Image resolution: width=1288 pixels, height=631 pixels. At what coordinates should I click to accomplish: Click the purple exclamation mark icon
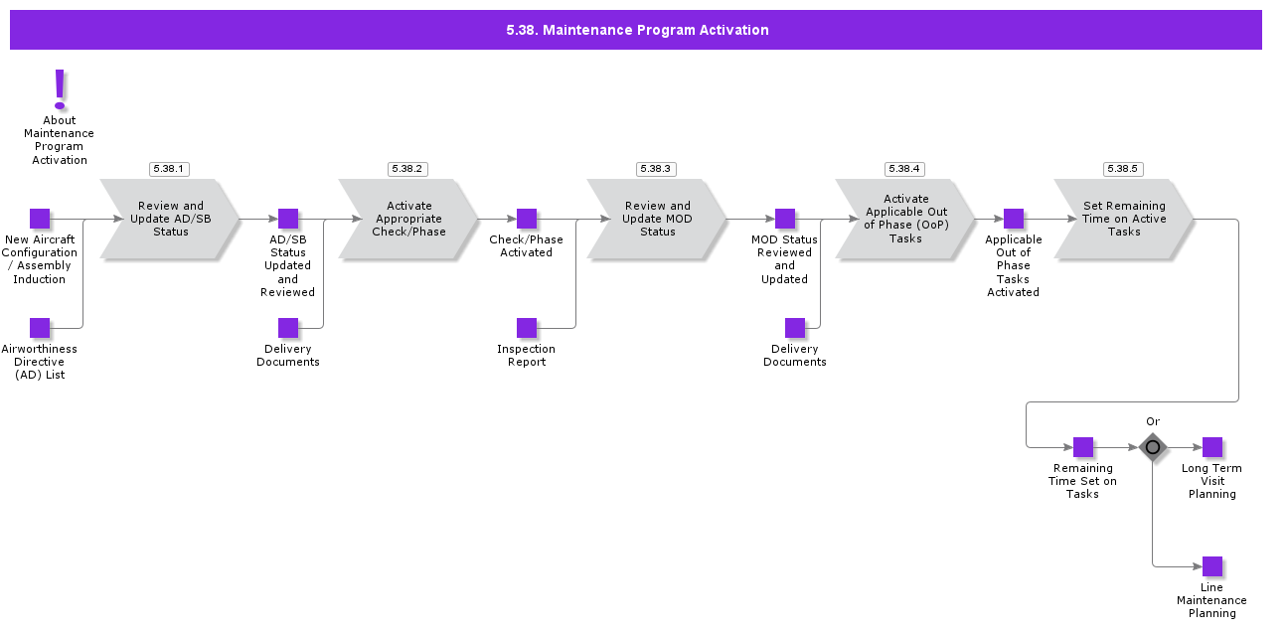60,89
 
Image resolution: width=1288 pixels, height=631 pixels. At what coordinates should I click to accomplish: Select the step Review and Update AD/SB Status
170,220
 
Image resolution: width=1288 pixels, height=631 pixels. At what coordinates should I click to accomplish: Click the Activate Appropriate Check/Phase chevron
408,220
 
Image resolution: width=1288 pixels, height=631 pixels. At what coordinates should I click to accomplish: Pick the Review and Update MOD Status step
657,220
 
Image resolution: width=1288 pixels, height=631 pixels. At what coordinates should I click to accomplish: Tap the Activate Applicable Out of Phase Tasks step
905,220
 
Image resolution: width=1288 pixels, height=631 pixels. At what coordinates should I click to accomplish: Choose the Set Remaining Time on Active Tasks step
1124,220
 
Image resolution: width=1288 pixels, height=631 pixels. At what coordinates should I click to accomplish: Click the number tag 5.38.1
169,169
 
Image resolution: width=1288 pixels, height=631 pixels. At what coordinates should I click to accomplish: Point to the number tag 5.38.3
656,169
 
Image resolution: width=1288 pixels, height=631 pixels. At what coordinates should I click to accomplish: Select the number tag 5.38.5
1123,169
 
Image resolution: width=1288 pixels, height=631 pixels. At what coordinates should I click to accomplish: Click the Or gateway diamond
1153,447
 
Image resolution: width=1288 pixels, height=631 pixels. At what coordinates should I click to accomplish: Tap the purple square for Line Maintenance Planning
1212,566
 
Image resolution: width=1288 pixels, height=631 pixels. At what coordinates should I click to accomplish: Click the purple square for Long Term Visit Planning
1212,447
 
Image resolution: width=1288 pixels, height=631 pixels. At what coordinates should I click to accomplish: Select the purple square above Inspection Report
527,328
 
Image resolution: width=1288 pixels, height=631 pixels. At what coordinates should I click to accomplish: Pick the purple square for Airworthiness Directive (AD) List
40,328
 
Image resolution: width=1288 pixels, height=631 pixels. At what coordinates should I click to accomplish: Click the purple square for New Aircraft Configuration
40,219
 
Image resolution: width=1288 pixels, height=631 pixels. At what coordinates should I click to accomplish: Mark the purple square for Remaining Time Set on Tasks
1083,447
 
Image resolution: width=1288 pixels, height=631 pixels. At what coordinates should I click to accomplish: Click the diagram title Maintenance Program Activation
637,30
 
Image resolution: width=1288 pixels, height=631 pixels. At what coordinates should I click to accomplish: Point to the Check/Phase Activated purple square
527,219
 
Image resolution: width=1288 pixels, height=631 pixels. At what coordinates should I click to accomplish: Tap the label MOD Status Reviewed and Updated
784,259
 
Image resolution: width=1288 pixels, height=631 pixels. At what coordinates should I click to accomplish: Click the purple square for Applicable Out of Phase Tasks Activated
1014,219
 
